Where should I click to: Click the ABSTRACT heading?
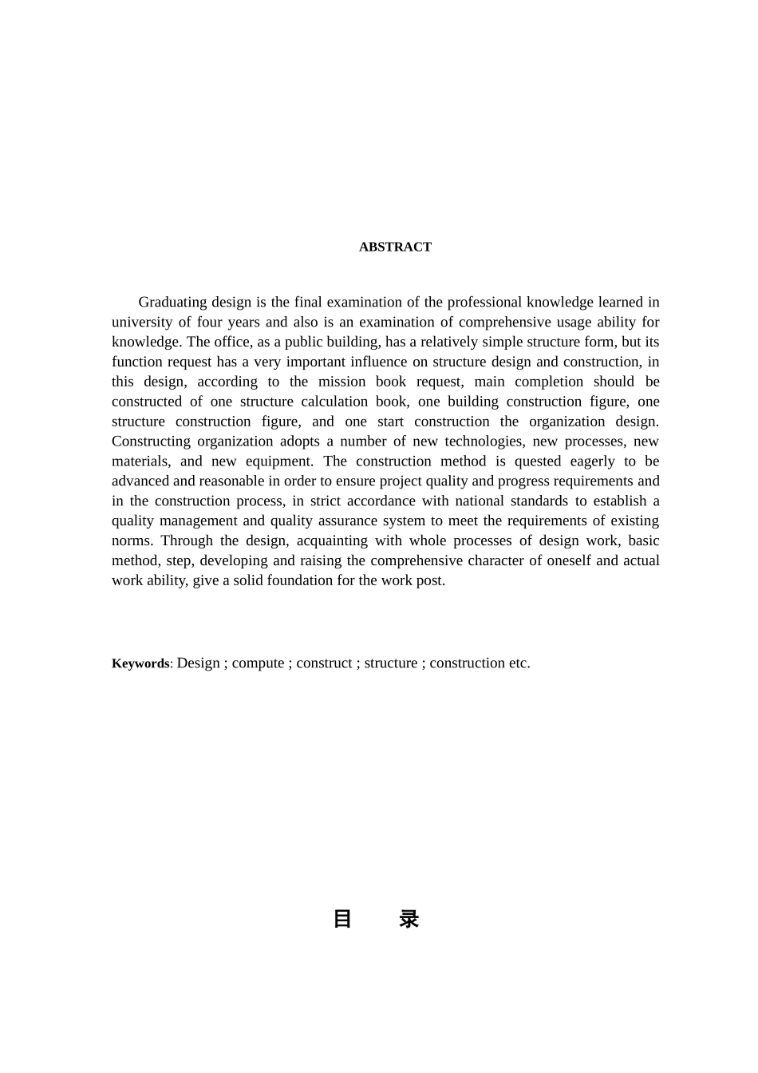click(x=395, y=247)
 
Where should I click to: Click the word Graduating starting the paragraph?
click(x=172, y=303)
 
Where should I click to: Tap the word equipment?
click(x=279, y=461)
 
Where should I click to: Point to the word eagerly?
click(x=591, y=461)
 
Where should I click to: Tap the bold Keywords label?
click(x=140, y=663)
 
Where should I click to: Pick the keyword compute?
click(x=258, y=663)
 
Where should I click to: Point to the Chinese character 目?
click(x=342, y=920)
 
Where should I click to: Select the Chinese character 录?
click(x=409, y=920)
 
